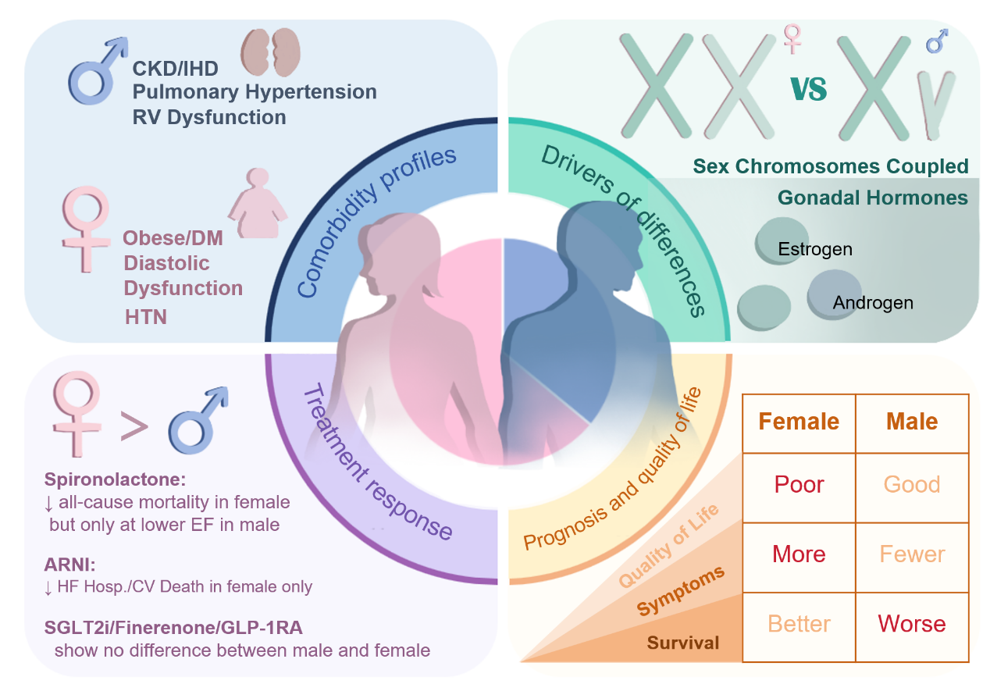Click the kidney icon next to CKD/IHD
(x=270, y=52)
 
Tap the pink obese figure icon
(x=258, y=203)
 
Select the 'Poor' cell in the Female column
(x=799, y=484)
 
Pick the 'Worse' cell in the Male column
(x=912, y=623)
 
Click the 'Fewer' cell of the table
(x=912, y=554)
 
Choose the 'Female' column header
(x=799, y=421)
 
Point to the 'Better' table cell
(x=799, y=623)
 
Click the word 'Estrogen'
(x=815, y=249)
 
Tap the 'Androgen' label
(x=873, y=303)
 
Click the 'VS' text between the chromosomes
(x=808, y=89)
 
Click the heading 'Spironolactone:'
(x=115, y=479)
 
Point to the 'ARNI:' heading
(x=69, y=565)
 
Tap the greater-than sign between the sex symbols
(x=134, y=426)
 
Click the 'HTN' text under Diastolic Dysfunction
(x=146, y=317)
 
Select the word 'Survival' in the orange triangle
(x=683, y=643)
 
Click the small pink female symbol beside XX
(x=792, y=39)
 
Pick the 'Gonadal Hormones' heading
(x=873, y=198)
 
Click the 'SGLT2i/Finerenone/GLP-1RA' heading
(x=173, y=628)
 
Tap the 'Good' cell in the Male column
(x=912, y=484)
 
